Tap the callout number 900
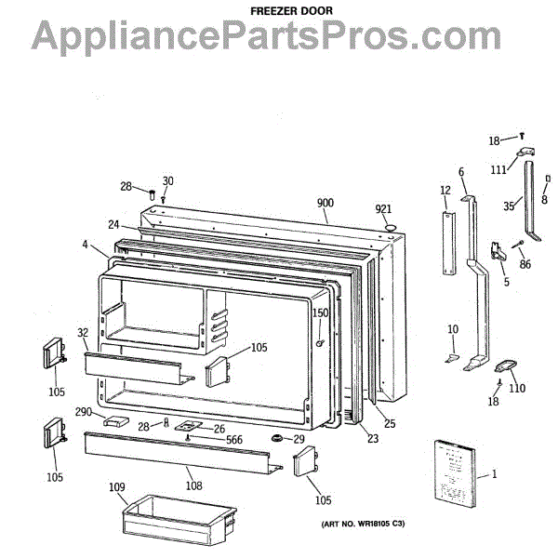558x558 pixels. [x=325, y=204]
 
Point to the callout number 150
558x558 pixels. [x=320, y=313]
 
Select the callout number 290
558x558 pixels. [x=84, y=411]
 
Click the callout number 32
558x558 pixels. [x=82, y=332]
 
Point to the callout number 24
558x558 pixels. [x=113, y=224]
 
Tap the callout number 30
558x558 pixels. [x=167, y=180]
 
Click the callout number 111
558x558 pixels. [x=499, y=169]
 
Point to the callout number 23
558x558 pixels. [x=374, y=440]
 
